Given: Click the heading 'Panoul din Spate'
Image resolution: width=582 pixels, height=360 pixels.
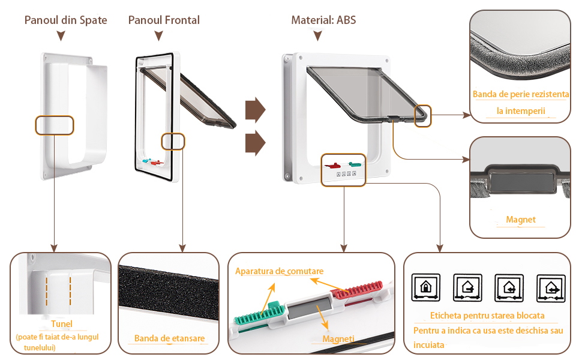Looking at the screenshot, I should [x=65, y=20].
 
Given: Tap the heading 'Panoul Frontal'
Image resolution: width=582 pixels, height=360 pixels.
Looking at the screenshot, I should [x=164, y=20].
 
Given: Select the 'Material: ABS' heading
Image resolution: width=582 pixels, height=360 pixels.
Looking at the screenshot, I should [x=323, y=20].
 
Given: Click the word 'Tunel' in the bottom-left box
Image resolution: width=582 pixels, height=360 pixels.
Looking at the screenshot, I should [x=61, y=324].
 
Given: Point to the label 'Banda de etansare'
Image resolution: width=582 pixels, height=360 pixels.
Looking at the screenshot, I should [x=169, y=338].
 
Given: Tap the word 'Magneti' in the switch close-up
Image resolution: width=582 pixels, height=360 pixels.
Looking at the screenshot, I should [x=338, y=339].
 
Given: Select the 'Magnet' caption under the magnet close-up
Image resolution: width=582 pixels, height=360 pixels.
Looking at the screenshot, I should [x=521, y=220].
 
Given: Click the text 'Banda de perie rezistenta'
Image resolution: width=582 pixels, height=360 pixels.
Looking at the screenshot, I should [x=520, y=94].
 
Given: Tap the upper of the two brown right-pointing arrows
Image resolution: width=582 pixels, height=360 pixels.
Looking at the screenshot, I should [x=256, y=109].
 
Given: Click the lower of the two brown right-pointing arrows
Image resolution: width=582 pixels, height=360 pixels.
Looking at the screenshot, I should [x=256, y=144].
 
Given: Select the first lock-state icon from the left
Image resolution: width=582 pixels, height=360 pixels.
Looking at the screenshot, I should [x=426, y=287].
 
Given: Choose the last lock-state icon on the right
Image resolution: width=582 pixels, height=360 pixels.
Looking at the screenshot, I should [x=551, y=287].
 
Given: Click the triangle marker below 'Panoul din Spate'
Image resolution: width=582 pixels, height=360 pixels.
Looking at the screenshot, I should [x=60, y=37].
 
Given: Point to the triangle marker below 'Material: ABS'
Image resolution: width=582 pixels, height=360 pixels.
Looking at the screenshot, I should [x=319, y=37].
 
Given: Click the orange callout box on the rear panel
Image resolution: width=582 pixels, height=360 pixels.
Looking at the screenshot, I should [x=54, y=125].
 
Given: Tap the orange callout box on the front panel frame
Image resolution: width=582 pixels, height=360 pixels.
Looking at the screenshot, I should [x=173, y=141].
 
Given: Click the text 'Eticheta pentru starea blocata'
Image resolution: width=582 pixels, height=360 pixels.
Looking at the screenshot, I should [x=487, y=316].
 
